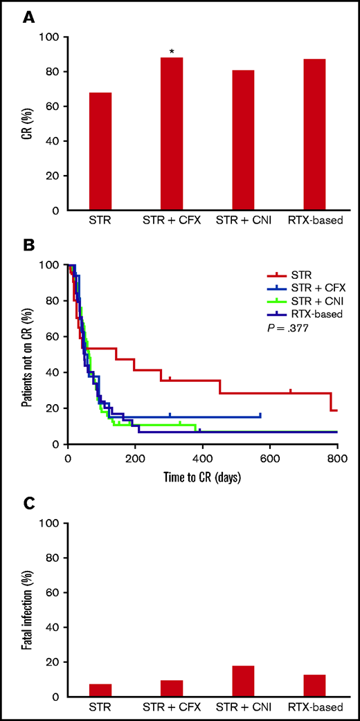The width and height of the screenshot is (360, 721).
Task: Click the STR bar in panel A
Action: (100, 152)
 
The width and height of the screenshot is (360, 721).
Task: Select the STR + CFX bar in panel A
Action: (172, 134)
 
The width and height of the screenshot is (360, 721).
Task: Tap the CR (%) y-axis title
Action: (26, 123)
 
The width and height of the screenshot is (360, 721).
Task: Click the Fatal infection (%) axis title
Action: (26, 610)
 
